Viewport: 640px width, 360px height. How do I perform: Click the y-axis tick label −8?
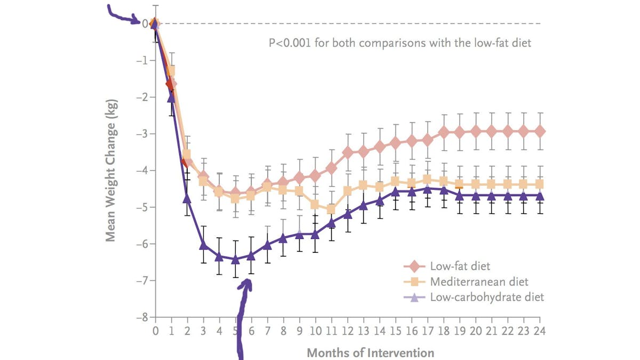(142, 317)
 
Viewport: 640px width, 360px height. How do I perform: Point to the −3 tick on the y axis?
(142, 134)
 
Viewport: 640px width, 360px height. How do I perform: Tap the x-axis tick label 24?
(540, 331)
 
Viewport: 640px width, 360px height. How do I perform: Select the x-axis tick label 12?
(348, 331)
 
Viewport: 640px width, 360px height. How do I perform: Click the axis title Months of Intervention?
(370, 353)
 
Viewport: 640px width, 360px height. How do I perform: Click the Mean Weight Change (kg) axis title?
(110, 170)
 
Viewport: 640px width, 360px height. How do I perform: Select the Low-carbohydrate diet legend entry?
(487, 297)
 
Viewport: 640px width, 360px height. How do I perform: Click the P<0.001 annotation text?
(400, 43)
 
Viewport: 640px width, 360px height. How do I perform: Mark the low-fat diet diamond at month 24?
(540, 131)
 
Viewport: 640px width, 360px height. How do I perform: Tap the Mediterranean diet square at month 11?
(331, 209)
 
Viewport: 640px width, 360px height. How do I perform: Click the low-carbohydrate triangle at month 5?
(235, 259)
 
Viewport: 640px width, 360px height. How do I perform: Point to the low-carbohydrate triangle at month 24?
(540, 196)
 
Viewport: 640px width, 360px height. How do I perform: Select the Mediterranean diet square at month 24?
(540, 184)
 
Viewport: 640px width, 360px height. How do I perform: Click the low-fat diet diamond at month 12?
(348, 153)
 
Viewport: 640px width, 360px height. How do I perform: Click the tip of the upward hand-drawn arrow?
(247, 281)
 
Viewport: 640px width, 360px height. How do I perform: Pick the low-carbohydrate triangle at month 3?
(203, 245)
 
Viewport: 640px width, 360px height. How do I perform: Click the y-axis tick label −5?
(142, 207)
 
